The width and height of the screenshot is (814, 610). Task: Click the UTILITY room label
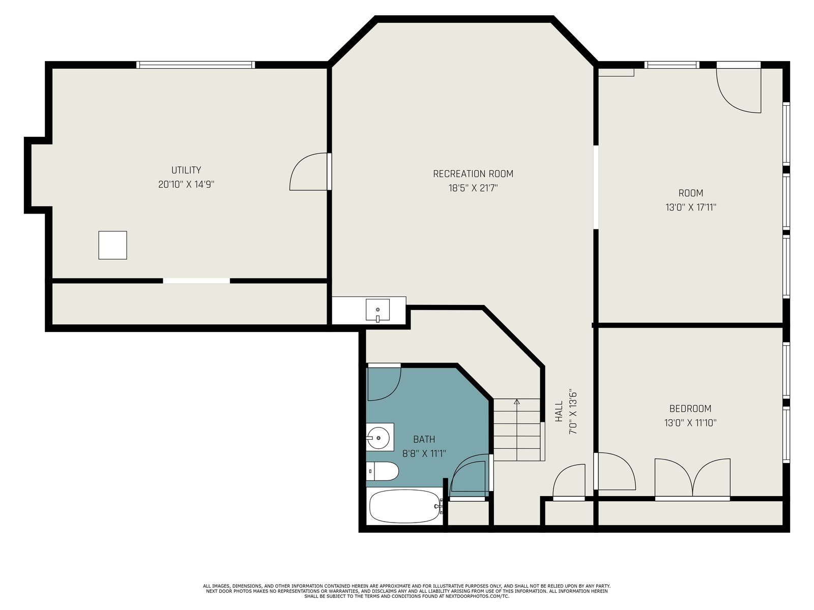(186, 170)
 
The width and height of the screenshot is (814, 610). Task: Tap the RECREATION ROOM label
(473, 174)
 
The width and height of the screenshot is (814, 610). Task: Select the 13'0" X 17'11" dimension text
(690, 207)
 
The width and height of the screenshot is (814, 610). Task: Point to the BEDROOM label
(690, 409)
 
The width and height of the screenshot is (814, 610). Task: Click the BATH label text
(424, 439)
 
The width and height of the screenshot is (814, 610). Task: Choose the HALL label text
(559, 411)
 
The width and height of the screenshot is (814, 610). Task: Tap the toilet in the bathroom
(382, 471)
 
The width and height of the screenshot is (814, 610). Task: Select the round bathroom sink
(379, 437)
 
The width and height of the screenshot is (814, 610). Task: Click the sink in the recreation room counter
(377, 310)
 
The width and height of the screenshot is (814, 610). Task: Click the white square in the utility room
(113, 245)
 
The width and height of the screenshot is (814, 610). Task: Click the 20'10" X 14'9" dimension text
(186, 185)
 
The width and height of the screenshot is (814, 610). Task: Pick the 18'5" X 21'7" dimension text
(473, 188)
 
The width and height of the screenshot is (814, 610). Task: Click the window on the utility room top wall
(195, 65)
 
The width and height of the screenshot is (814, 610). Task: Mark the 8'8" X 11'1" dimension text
(424, 454)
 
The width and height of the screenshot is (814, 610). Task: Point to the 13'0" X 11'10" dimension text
(690, 423)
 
